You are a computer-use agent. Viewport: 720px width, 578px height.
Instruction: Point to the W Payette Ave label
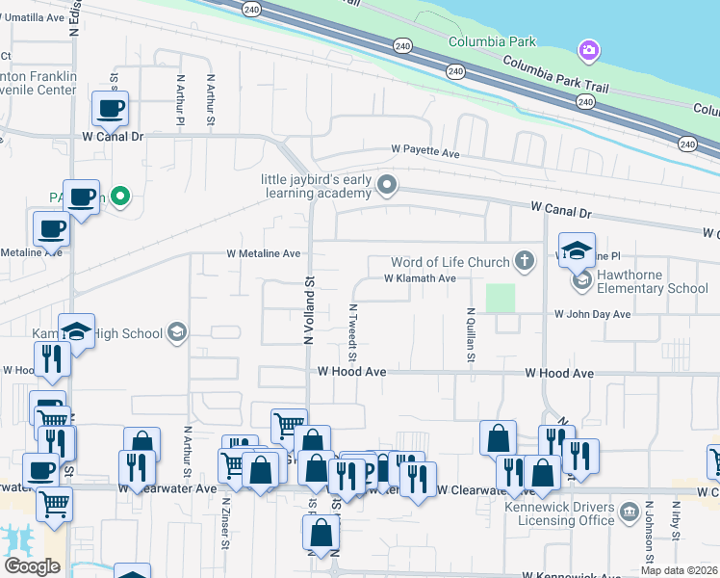pyautogui.click(x=425, y=150)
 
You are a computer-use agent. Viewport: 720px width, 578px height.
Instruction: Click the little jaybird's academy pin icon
pyautogui.click(x=387, y=183)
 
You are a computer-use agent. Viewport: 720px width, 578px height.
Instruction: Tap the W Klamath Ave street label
pyautogui.click(x=420, y=278)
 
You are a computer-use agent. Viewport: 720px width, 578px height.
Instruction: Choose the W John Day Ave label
pyautogui.click(x=592, y=314)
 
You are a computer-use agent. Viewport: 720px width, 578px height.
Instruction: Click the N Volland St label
pyautogui.click(x=309, y=311)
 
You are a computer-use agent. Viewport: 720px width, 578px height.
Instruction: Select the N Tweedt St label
pyautogui.click(x=353, y=328)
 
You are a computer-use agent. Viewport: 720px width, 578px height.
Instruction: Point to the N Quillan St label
pyautogui.click(x=471, y=335)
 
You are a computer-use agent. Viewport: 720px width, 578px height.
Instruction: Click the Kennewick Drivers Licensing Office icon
pyautogui.click(x=629, y=509)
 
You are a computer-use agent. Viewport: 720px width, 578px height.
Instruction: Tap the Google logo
pyautogui.click(x=32, y=565)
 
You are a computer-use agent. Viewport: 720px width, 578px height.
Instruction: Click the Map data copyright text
pyautogui.click(x=679, y=570)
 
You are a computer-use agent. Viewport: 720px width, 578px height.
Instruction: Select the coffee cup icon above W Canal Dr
pyautogui.click(x=110, y=108)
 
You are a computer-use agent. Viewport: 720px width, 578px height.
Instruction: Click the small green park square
pyautogui.click(x=500, y=298)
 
